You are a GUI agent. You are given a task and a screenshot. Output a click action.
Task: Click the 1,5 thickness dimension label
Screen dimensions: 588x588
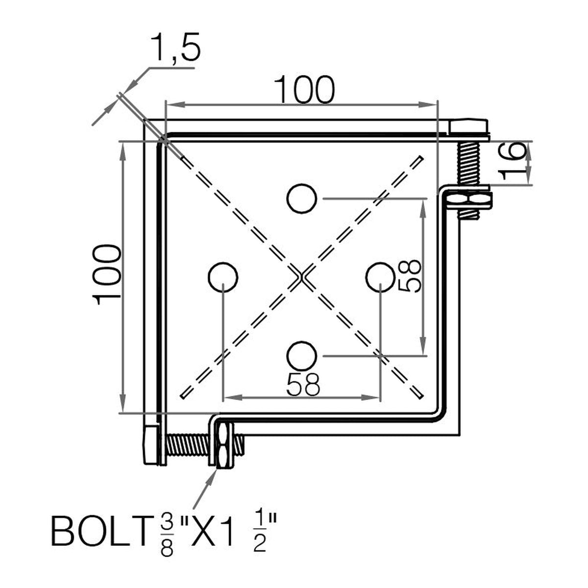coord(176,48)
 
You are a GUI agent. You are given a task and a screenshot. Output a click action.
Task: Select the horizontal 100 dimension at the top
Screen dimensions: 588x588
coord(304,90)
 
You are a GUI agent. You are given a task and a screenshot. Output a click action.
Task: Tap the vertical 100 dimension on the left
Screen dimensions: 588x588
coord(106,274)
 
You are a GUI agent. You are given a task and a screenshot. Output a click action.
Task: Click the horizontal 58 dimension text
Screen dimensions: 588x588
coord(303,384)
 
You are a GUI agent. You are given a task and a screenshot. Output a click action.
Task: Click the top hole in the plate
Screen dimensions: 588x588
coord(302,198)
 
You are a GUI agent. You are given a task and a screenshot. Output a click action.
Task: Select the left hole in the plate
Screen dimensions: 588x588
coord(223,277)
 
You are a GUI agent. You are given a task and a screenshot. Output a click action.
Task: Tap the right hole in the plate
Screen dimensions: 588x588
coord(380,277)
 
